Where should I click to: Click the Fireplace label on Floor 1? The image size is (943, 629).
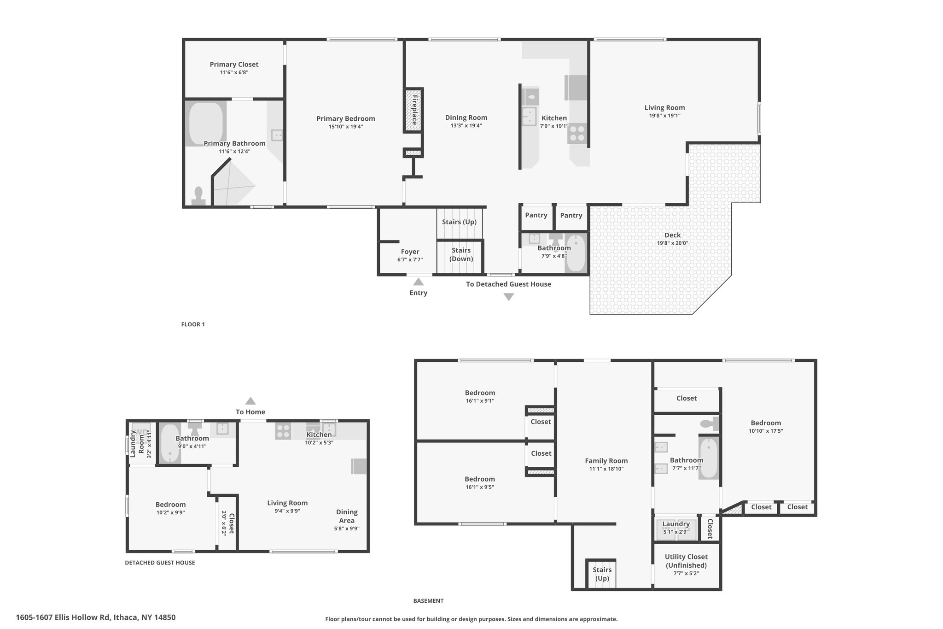tap(414, 110)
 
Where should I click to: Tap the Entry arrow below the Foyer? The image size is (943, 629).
tap(418, 282)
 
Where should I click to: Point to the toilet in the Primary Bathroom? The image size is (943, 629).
tap(199, 196)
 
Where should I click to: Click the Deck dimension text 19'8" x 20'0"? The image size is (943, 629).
tap(672, 243)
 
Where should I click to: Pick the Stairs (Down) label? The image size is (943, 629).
tap(461, 254)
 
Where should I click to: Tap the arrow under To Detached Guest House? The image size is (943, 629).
tap(508, 297)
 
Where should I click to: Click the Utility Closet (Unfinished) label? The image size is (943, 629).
tap(686, 561)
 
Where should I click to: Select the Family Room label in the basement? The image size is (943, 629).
tap(606, 461)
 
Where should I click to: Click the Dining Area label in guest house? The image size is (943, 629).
tap(347, 516)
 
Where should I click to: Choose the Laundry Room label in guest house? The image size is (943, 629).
tap(137, 443)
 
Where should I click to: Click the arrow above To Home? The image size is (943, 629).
tap(250, 401)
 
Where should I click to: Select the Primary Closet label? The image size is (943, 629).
tap(234, 65)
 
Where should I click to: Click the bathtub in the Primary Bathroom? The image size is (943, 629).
tap(206, 123)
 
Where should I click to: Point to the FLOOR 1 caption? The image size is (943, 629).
tap(193, 324)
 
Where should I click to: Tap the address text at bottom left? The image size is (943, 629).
tap(96, 617)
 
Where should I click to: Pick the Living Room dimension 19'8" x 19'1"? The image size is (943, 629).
tap(664, 116)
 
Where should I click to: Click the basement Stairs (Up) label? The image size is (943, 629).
tap(602, 574)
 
